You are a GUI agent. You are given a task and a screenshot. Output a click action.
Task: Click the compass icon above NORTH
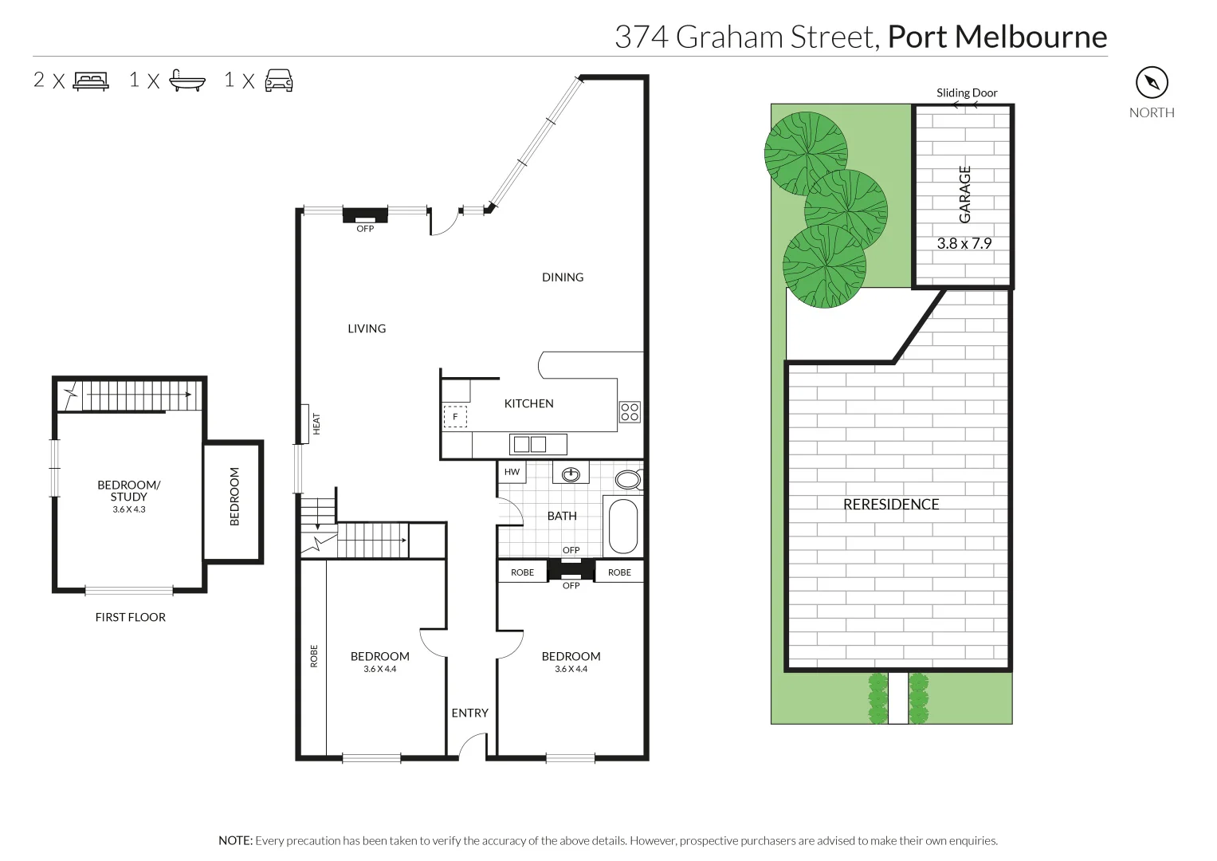(1151, 82)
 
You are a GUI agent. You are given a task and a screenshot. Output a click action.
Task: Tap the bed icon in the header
(90, 81)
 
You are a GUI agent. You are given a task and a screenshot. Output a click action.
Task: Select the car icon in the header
(278, 81)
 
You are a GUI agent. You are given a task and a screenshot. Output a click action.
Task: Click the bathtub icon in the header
(188, 81)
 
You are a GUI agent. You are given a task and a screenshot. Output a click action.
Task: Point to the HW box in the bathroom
(512, 472)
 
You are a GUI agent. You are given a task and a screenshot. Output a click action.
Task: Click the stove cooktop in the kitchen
(630, 411)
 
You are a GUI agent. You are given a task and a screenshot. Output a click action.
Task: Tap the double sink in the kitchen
(529, 444)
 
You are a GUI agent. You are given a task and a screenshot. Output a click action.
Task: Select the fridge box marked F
(455, 416)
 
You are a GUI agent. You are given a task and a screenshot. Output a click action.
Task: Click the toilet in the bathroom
(628, 480)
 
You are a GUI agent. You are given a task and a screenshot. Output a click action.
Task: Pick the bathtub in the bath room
(622, 526)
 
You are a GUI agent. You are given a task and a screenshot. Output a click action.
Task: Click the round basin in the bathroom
(571, 475)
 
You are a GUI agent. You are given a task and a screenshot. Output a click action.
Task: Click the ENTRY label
(469, 713)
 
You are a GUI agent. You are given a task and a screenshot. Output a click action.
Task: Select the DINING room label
(563, 277)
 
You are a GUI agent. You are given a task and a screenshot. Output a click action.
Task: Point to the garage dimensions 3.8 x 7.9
(964, 243)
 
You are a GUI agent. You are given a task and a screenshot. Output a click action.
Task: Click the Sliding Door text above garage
(966, 93)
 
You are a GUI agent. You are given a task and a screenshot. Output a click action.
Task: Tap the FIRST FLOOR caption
(130, 617)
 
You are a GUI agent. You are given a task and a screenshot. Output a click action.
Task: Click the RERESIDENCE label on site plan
(891, 504)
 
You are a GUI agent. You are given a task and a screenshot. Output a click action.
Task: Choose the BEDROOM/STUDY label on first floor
(128, 490)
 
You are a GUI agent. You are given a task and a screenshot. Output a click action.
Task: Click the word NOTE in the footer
(235, 840)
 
